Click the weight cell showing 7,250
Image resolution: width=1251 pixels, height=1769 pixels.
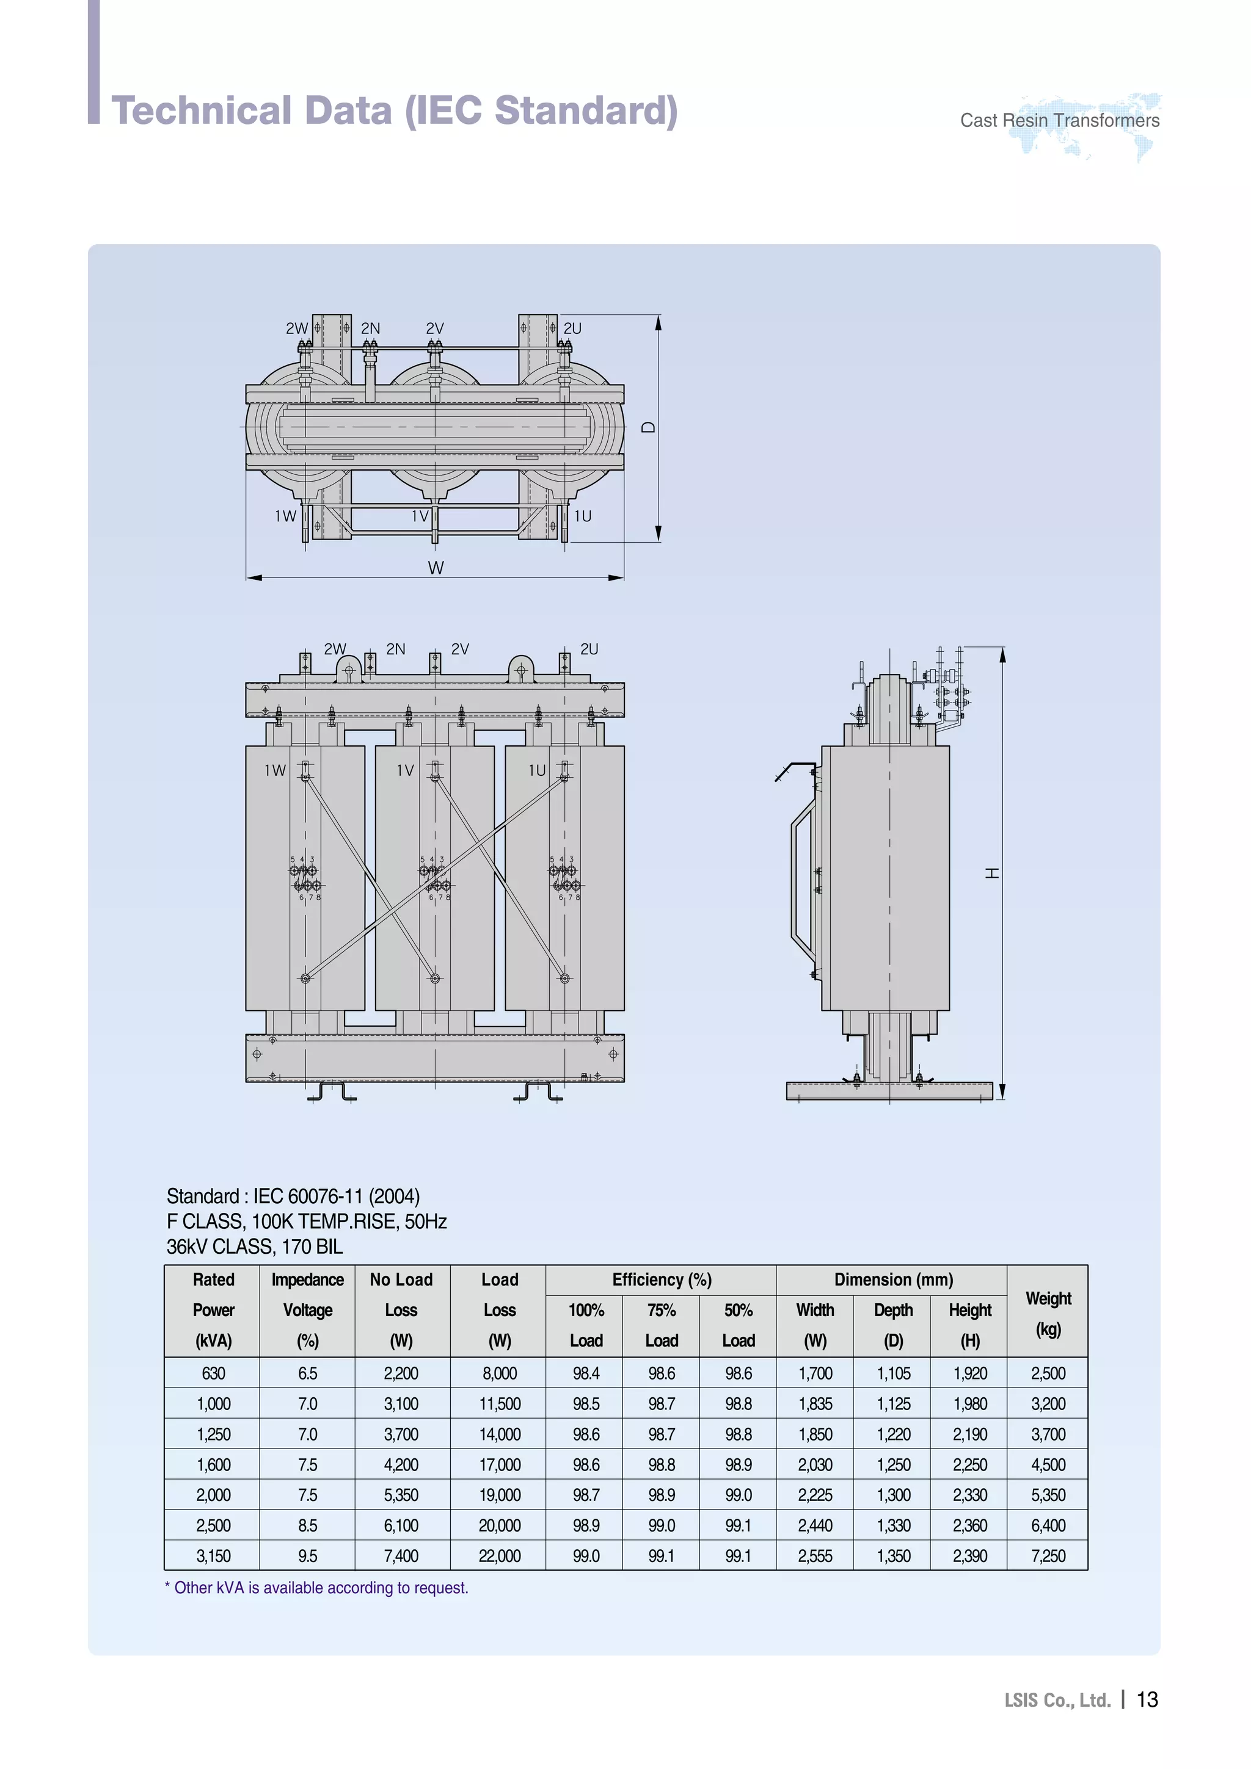[x=1048, y=1555]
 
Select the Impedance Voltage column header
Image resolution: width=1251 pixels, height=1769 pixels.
[x=307, y=1310]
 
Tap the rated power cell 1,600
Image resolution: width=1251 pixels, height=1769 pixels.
[x=214, y=1464]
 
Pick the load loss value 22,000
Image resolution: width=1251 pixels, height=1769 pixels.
[x=500, y=1555]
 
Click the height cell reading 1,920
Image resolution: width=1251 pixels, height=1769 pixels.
[x=969, y=1373]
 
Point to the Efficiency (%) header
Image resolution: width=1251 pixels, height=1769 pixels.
[x=662, y=1280]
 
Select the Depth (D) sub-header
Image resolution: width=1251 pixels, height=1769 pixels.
[x=892, y=1325]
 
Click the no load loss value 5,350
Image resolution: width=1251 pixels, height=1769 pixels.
[x=401, y=1495]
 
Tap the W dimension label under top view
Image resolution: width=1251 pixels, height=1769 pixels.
[x=436, y=568]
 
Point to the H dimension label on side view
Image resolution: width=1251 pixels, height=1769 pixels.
[x=993, y=872]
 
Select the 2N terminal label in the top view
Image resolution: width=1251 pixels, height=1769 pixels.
[x=371, y=328]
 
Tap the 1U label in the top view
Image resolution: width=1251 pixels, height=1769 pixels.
[x=583, y=516]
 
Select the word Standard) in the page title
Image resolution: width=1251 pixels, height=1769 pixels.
[x=586, y=110]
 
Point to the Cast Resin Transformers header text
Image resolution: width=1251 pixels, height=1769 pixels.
[x=1059, y=120]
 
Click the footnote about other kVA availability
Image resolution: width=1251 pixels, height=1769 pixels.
[x=317, y=1587]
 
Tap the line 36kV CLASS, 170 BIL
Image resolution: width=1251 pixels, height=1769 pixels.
[x=254, y=1246]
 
